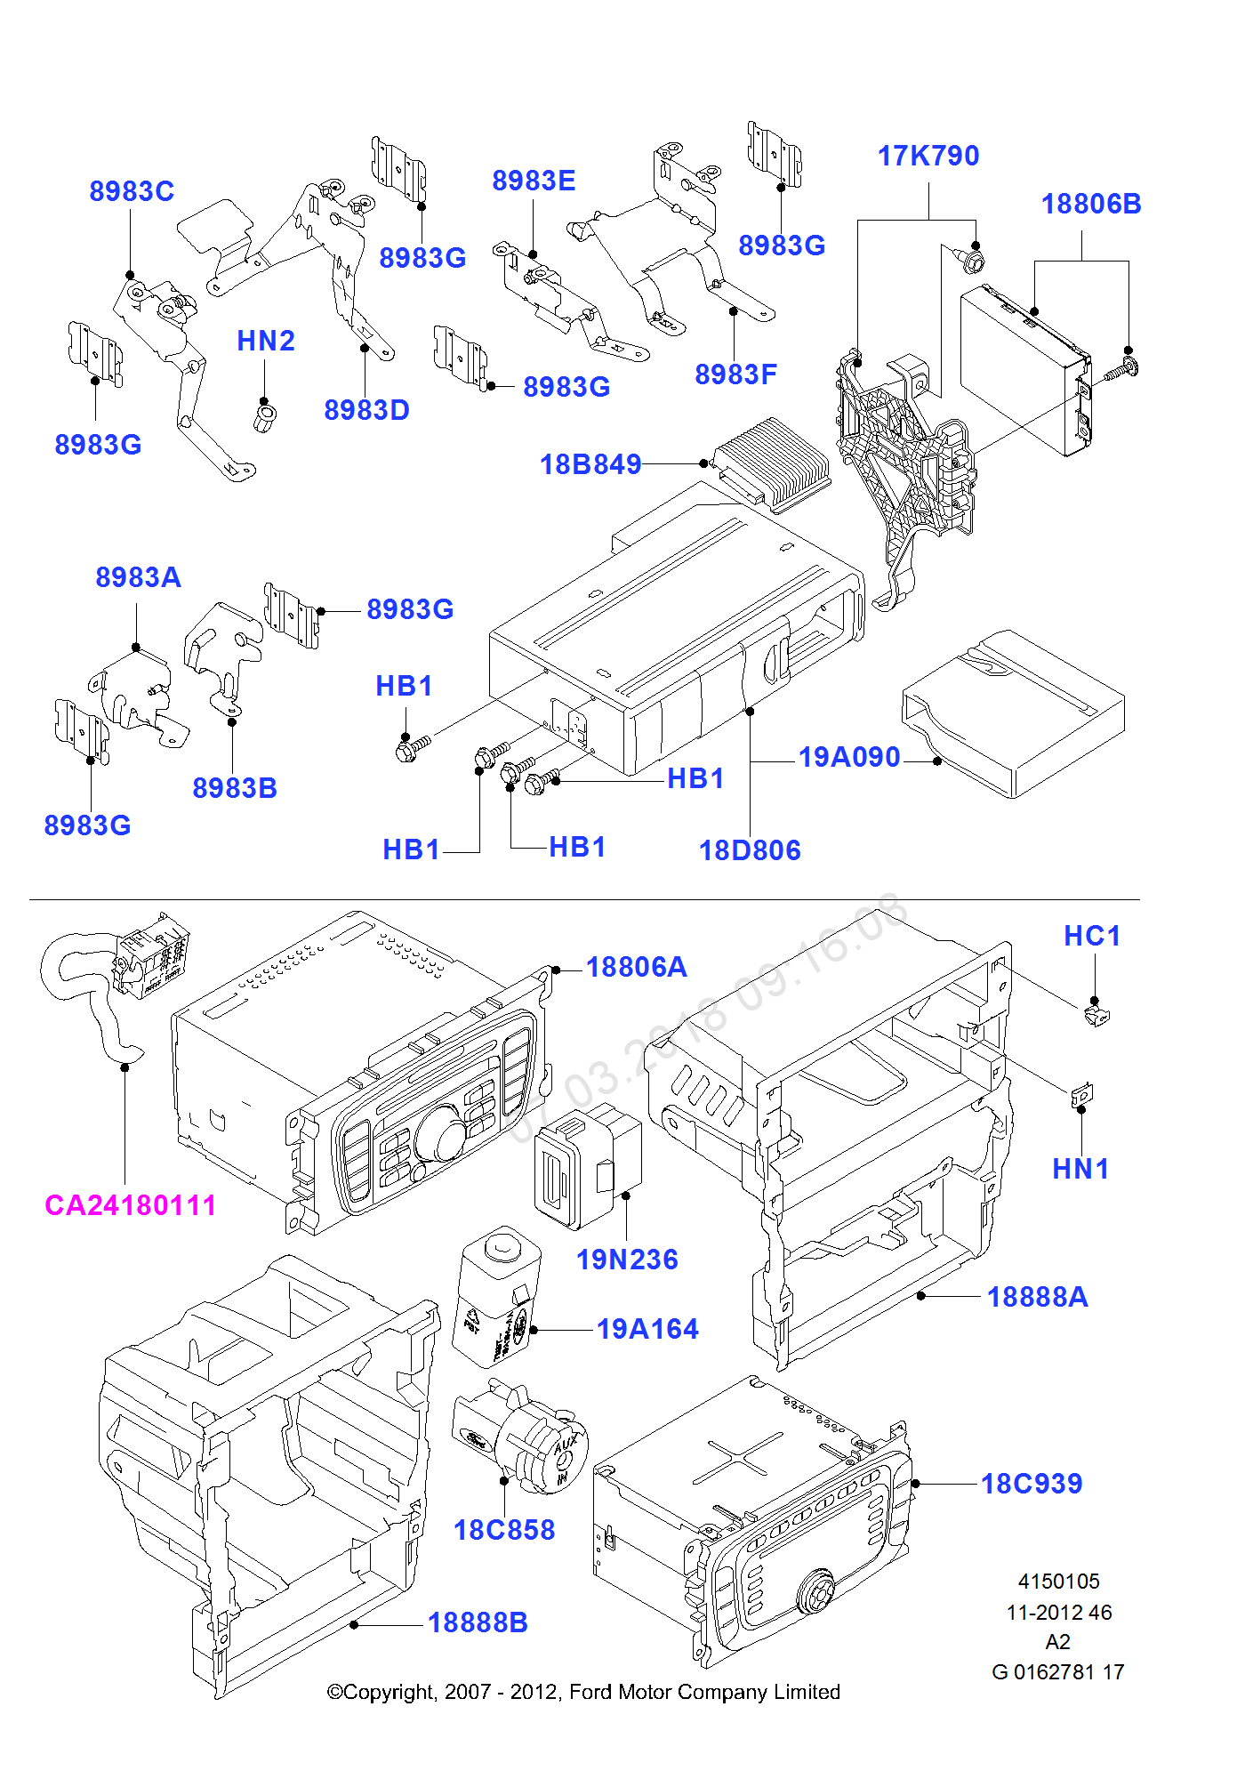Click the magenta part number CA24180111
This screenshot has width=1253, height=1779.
pyautogui.click(x=131, y=1205)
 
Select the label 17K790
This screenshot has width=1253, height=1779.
pyautogui.click(x=928, y=156)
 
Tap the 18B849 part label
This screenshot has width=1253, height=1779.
pyautogui.click(x=590, y=464)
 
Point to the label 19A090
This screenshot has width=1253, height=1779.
pyautogui.click(x=849, y=757)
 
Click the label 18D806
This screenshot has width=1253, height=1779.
pyautogui.click(x=750, y=850)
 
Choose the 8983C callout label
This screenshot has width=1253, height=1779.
pyautogui.click(x=132, y=191)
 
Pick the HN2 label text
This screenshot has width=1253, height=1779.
pyautogui.click(x=265, y=341)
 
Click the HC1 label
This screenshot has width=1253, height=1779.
pyautogui.click(x=1092, y=936)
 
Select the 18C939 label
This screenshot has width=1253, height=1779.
pyautogui.click(x=1032, y=1484)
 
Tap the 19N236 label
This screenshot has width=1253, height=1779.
pyautogui.click(x=627, y=1260)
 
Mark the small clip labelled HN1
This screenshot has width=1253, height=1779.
pyautogui.click(x=1081, y=1094)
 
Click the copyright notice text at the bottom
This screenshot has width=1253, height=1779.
pyautogui.click(x=583, y=1692)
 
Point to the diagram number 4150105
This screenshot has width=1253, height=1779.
pyautogui.click(x=1058, y=1582)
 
